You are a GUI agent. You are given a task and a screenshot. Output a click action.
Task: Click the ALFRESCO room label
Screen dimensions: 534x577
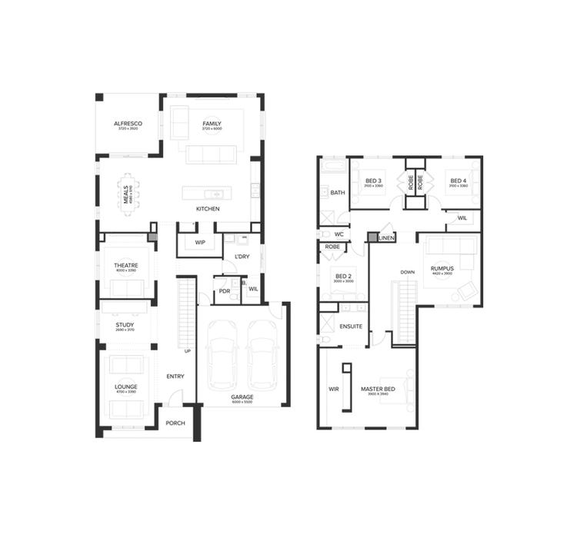128,124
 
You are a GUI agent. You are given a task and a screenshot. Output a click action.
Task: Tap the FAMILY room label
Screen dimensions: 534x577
212,124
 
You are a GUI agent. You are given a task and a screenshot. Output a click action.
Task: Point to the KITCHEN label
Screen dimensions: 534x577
208,209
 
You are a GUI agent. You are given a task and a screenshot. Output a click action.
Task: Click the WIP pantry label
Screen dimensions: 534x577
200,243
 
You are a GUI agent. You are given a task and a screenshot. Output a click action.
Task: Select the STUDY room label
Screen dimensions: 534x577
125,324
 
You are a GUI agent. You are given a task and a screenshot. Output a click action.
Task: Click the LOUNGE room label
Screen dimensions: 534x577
125,386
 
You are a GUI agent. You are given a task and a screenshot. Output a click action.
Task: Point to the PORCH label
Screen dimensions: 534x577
175,423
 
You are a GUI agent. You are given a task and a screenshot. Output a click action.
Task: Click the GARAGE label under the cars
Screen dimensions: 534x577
242,397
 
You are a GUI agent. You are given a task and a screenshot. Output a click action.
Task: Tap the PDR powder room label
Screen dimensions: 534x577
225,291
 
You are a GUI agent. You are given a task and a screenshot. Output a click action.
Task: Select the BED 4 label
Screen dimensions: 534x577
459,181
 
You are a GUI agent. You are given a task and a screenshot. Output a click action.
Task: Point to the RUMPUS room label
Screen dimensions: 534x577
442,268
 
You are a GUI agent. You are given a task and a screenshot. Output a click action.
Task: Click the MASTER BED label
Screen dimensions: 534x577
378,390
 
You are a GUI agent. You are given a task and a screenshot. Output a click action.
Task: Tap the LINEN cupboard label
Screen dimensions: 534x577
387,238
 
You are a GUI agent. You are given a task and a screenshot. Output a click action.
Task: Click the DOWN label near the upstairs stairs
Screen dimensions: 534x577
408,272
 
